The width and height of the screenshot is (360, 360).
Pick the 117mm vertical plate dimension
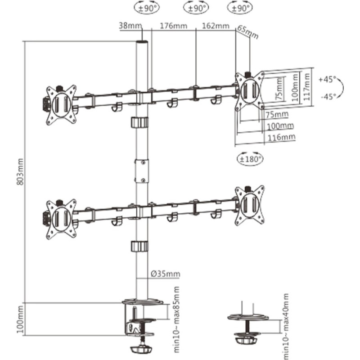(307, 86)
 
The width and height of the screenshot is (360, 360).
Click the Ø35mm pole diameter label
(165, 273)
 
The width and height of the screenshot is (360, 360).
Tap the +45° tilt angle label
(327, 79)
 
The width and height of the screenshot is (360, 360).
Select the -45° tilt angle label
(327, 96)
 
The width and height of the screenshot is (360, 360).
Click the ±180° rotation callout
(251, 158)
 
